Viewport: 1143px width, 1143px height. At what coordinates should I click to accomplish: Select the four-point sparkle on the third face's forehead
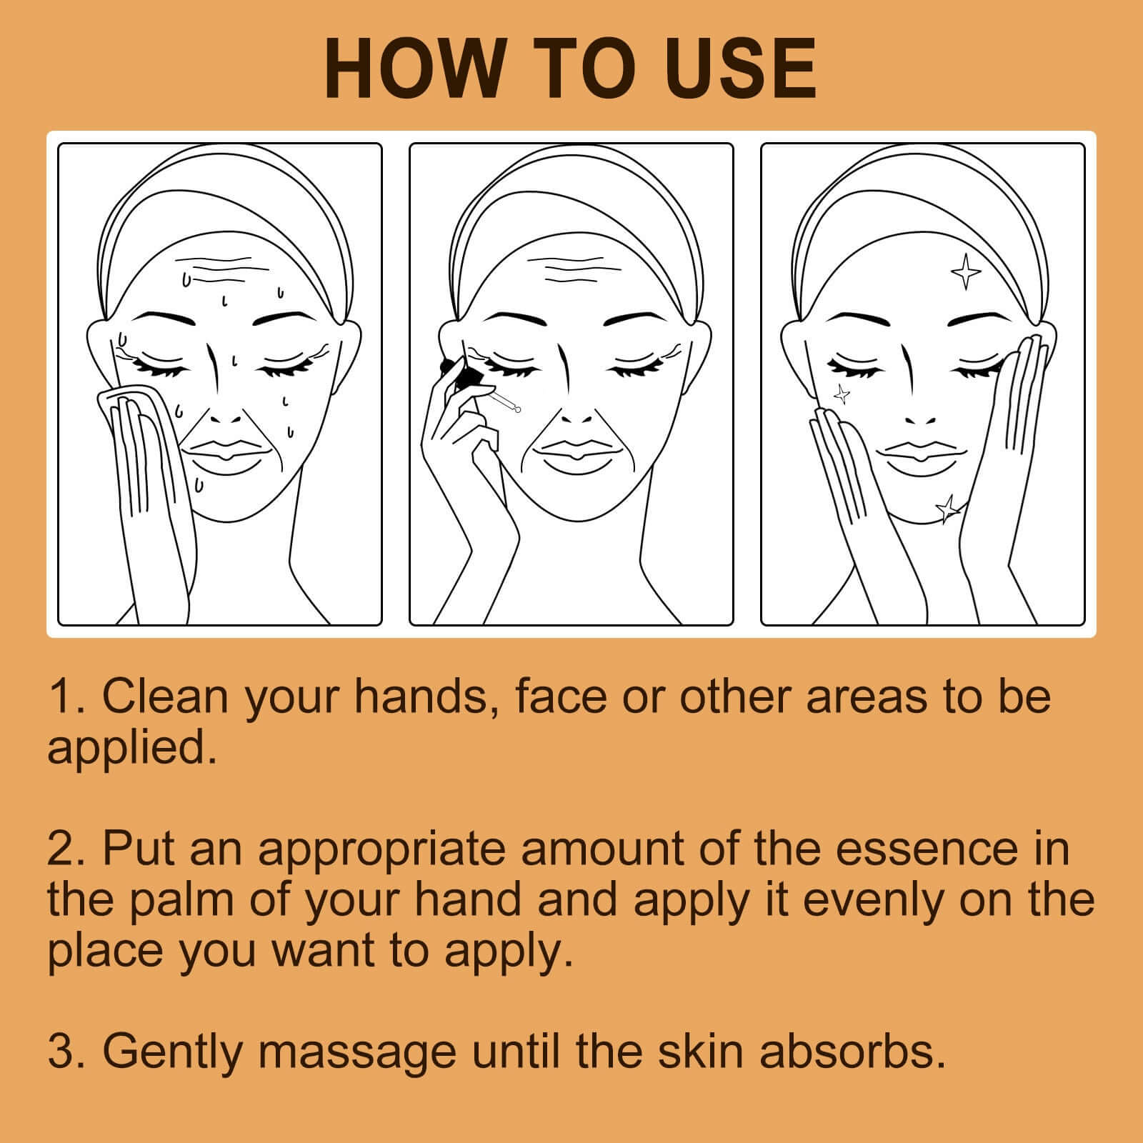coord(967,271)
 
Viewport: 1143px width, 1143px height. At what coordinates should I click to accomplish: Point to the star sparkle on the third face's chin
coord(948,508)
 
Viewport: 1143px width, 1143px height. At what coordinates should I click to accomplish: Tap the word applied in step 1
coord(131,749)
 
